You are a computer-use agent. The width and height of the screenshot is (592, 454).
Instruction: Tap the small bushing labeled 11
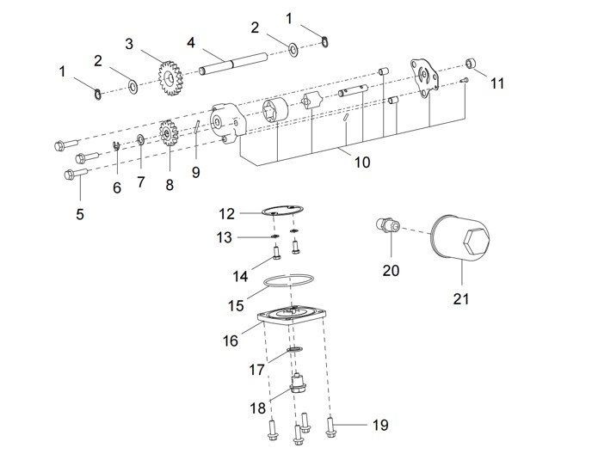click(472, 65)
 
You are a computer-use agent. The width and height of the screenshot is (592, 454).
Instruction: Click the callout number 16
click(231, 340)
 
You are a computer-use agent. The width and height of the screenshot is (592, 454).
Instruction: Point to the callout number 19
click(379, 425)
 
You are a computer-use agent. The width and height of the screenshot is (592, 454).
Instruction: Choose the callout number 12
click(225, 213)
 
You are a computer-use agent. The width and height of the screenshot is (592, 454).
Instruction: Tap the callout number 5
click(80, 215)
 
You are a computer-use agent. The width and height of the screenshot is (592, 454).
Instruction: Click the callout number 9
click(195, 172)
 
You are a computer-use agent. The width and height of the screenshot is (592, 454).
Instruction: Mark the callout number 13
click(224, 237)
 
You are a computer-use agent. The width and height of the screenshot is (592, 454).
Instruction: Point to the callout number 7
click(140, 182)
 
